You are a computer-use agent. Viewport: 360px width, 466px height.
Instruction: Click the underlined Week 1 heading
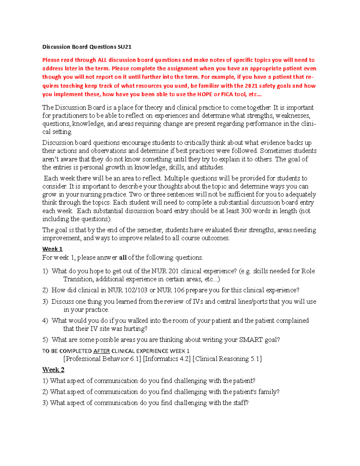point(52,249)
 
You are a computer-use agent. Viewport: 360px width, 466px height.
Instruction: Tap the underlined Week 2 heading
point(53,370)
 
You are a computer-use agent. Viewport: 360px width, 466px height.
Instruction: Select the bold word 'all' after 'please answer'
point(123,258)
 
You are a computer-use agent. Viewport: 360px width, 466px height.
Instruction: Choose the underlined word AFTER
point(101,351)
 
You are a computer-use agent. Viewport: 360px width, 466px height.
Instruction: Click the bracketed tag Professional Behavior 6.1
point(102,359)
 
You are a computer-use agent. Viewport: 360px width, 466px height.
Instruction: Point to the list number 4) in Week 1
point(45,321)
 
